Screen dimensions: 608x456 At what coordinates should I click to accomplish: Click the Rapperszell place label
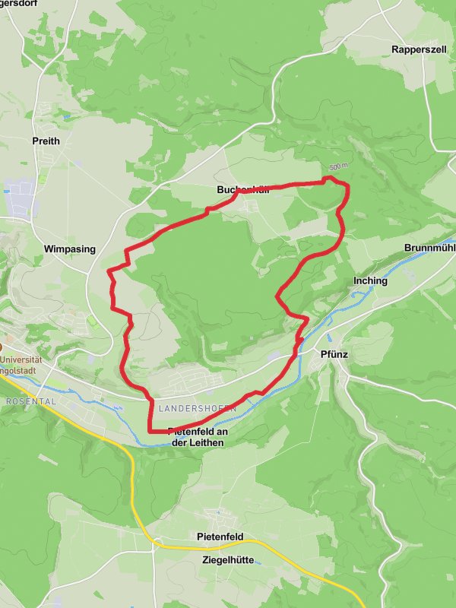419,49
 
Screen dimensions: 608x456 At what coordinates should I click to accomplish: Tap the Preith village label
46,141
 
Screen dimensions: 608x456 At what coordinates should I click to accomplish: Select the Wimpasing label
70,249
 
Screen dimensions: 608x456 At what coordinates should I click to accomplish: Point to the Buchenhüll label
242,190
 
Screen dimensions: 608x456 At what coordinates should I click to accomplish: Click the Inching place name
370,280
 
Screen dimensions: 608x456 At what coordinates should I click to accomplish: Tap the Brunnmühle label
430,249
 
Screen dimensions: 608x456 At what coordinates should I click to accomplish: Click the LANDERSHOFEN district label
198,409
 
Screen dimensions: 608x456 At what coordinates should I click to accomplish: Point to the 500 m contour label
339,166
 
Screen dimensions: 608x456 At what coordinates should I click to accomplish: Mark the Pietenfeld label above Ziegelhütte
220,537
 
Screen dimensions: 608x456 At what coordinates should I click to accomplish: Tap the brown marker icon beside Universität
2,347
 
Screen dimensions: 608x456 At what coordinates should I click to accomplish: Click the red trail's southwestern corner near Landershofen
149,430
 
